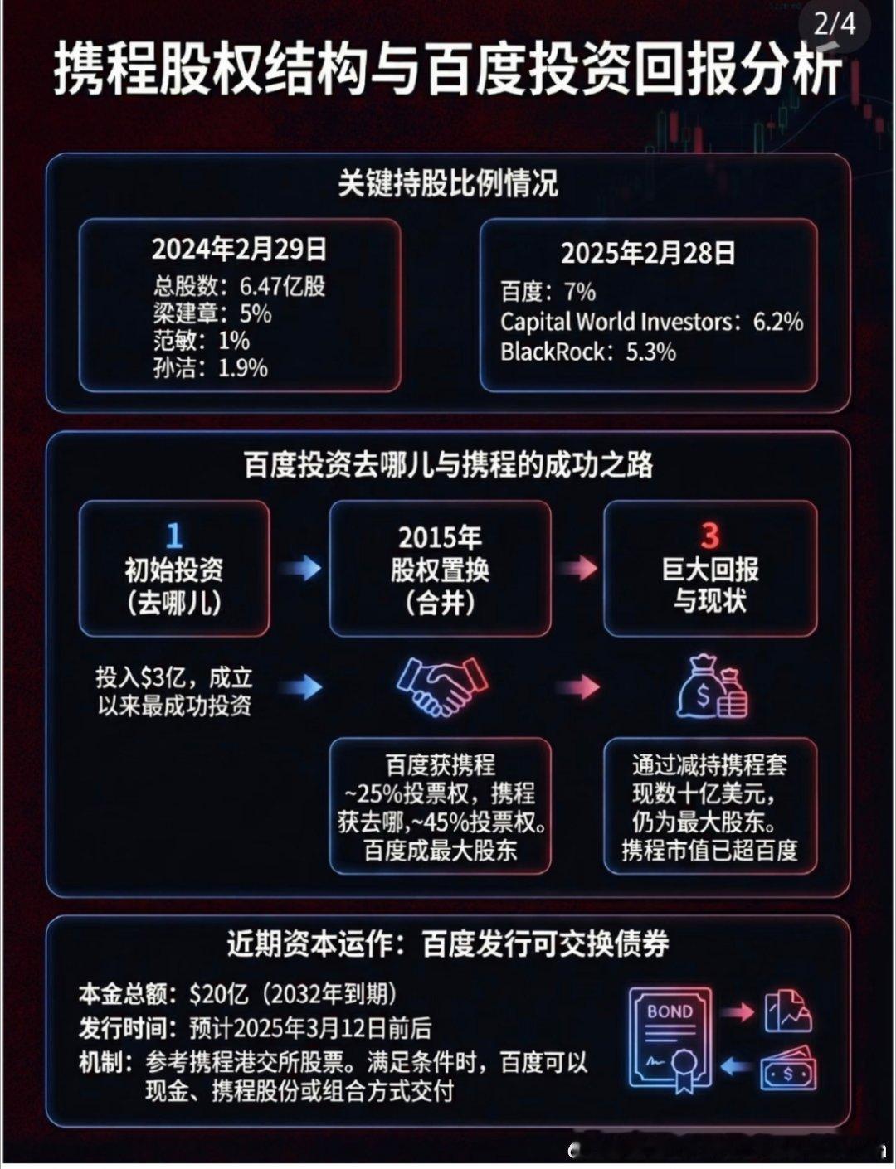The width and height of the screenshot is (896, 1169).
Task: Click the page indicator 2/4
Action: click(834, 23)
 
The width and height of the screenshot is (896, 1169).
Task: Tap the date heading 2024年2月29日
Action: click(239, 249)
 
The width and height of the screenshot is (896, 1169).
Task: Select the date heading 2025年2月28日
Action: click(648, 254)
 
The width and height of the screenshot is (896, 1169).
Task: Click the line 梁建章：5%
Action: click(212, 313)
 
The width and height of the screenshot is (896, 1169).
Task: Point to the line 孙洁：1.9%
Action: click(210, 367)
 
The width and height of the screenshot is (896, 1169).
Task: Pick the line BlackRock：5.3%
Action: click(587, 352)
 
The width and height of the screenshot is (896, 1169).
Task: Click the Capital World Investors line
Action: click(651, 322)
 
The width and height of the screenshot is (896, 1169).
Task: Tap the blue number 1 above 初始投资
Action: click(173, 536)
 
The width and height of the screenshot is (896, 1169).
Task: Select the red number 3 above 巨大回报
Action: click(709, 536)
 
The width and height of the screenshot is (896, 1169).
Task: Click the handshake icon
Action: click(441, 686)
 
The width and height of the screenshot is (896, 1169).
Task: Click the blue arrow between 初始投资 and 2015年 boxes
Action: click(299, 568)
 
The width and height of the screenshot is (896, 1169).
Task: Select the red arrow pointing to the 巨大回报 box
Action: click(577, 568)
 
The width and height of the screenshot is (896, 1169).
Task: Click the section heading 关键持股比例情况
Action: click(447, 183)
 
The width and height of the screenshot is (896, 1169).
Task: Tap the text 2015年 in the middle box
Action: click(440, 537)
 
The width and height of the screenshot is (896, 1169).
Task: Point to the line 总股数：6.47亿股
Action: click(239, 286)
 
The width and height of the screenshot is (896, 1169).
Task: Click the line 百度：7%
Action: click(548, 292)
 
